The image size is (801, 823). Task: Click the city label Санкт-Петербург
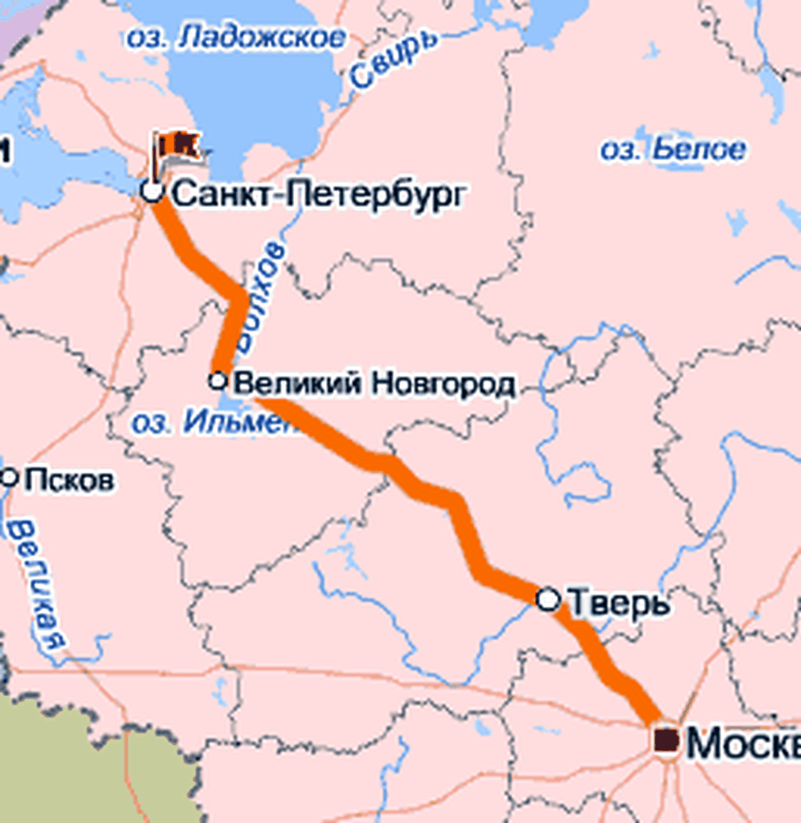click(318, 194)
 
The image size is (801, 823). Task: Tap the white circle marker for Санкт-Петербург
click(151, 190)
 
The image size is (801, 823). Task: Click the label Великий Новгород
click(374, 383)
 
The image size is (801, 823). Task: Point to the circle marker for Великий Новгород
click(218, 380)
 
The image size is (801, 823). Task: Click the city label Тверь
click(618, 602)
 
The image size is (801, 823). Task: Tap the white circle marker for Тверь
click(548, 599)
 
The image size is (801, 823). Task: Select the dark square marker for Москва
click(666, 740)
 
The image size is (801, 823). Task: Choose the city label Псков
click(69, 480)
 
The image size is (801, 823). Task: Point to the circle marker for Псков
click(9, 478)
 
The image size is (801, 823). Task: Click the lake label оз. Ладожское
click(236, 38)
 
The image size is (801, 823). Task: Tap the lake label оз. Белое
click(673, 150)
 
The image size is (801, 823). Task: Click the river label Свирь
click(392, 58)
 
